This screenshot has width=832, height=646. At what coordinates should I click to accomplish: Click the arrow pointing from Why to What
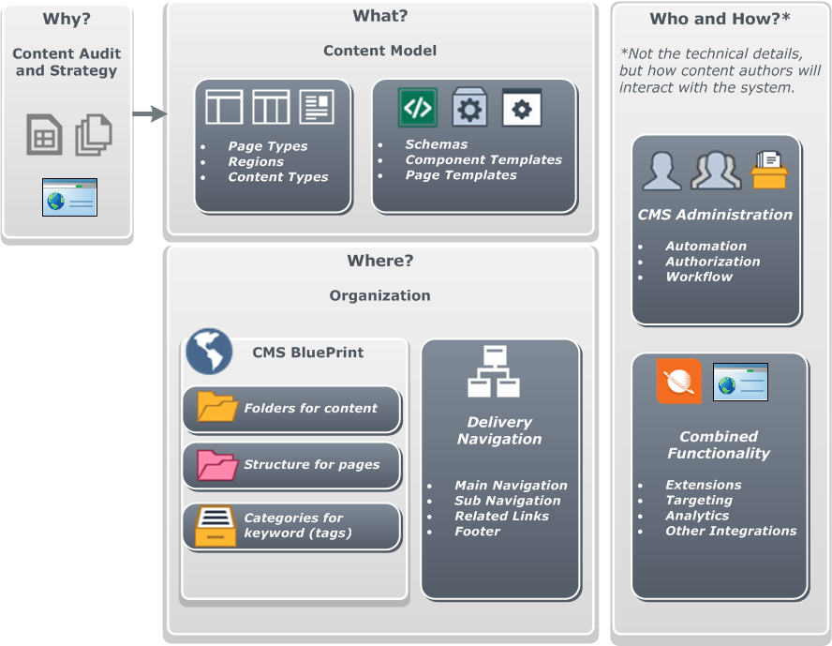tap(150, 114)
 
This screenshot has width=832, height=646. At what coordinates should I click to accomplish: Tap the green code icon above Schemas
tap(418, 108)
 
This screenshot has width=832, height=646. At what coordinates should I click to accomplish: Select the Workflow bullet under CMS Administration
tap(699, 277)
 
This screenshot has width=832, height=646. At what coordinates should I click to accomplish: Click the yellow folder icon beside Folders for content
tap(217, 408)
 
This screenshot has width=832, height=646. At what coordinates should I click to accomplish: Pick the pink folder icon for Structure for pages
tap(217, 464)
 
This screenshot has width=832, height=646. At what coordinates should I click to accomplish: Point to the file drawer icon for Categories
tap(215, 526)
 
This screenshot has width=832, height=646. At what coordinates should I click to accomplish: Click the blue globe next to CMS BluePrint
tap(209, 352)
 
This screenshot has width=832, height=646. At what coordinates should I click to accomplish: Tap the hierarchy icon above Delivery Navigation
tap(494, 371)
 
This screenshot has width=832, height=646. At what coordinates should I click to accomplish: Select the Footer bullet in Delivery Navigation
tap(477, 532)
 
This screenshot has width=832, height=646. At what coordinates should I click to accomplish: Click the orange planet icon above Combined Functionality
tap(679, 382)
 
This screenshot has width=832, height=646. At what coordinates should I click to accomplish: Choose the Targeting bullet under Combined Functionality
tap(699, 501)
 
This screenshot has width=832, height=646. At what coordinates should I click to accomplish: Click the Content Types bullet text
tap(278, 177)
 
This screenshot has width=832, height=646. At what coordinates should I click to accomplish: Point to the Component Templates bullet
tap(483, 160)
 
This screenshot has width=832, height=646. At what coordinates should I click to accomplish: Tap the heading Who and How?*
tap(720, 20)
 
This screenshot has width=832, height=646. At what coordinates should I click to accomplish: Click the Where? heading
tap(380, 261)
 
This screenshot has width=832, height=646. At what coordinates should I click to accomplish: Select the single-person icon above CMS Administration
tap(661, 171)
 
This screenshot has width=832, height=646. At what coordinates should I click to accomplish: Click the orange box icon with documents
tap(769, 170)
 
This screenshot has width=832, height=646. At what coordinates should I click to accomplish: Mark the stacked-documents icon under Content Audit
tap(94, 135)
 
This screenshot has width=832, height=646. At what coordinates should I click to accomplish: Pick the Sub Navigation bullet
tap(508, 501)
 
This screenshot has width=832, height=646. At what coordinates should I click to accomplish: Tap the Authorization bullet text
tap(713, 262)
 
